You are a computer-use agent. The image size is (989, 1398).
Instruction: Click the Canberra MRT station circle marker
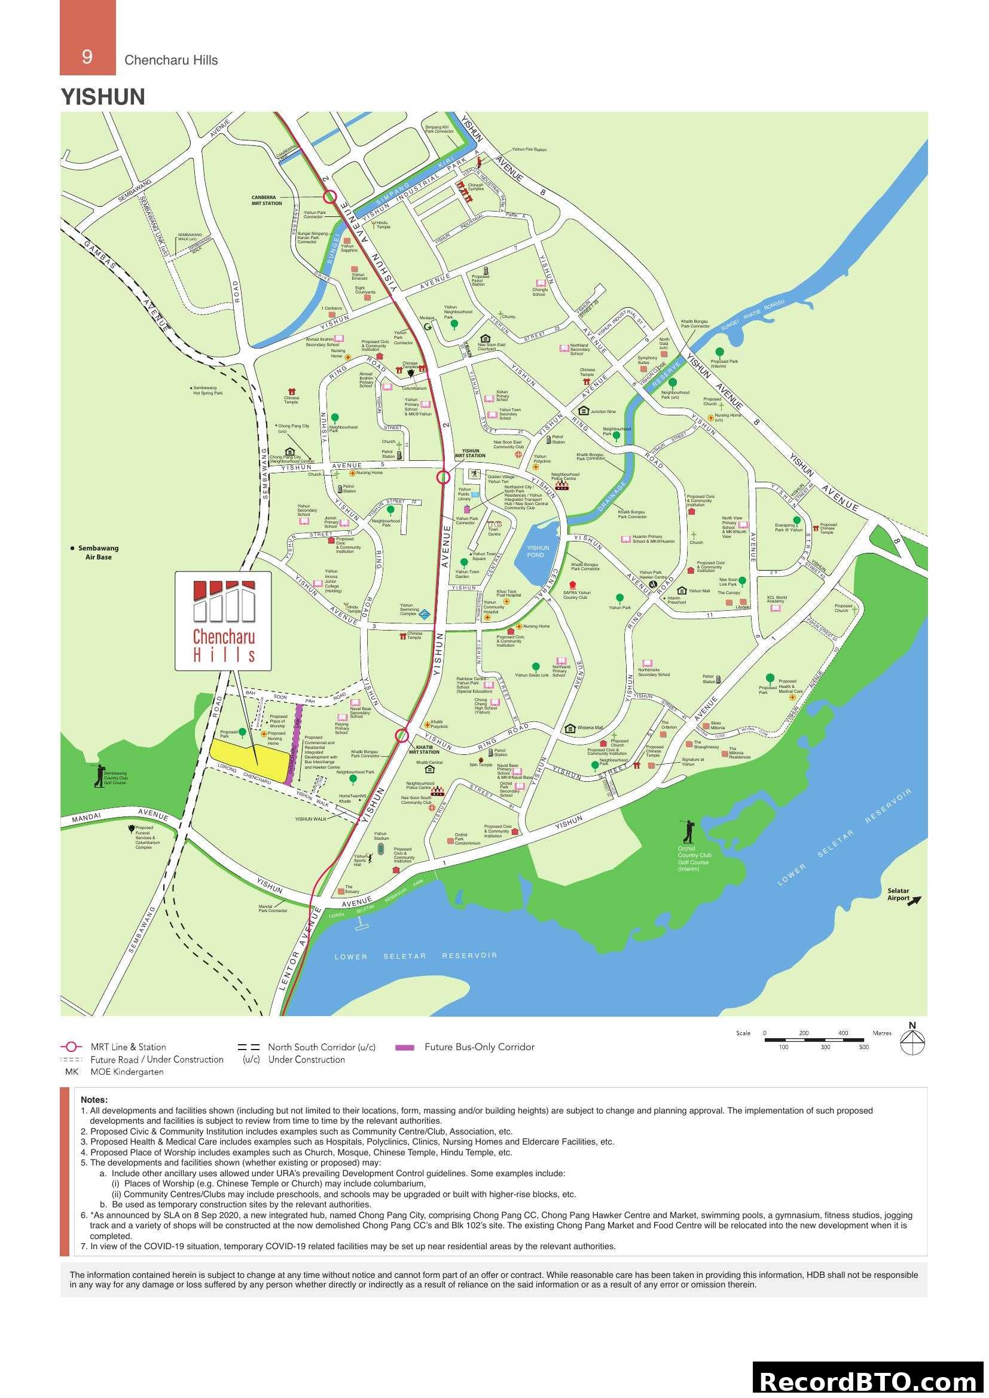(x=329, y=196)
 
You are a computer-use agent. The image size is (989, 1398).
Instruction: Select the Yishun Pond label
(x=537, y=551)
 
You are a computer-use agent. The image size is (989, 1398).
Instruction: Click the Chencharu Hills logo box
(x=223, y=621)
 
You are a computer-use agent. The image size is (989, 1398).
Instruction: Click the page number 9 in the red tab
(x=87, y=57)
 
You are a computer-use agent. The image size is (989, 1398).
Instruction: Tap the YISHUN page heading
(x=103, y=97)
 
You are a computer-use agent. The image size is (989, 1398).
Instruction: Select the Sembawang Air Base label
(x=98, y=552)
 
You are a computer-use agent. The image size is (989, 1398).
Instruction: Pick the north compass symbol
(x=912, y=1041)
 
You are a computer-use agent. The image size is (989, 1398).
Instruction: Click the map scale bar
(x=814, y=1041)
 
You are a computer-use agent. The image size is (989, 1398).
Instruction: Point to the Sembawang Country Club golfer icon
(x=99, y=775)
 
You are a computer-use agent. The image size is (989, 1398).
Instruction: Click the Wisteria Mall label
(x=590, y=727)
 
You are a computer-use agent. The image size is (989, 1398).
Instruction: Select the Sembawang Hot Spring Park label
(x=207, y=390)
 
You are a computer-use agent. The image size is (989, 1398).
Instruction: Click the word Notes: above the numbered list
(x=94, y=1100)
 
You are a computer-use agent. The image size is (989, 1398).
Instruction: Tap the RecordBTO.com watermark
(x=868, y=1381)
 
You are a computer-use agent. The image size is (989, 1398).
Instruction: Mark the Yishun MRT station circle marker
(x=443, y=477)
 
